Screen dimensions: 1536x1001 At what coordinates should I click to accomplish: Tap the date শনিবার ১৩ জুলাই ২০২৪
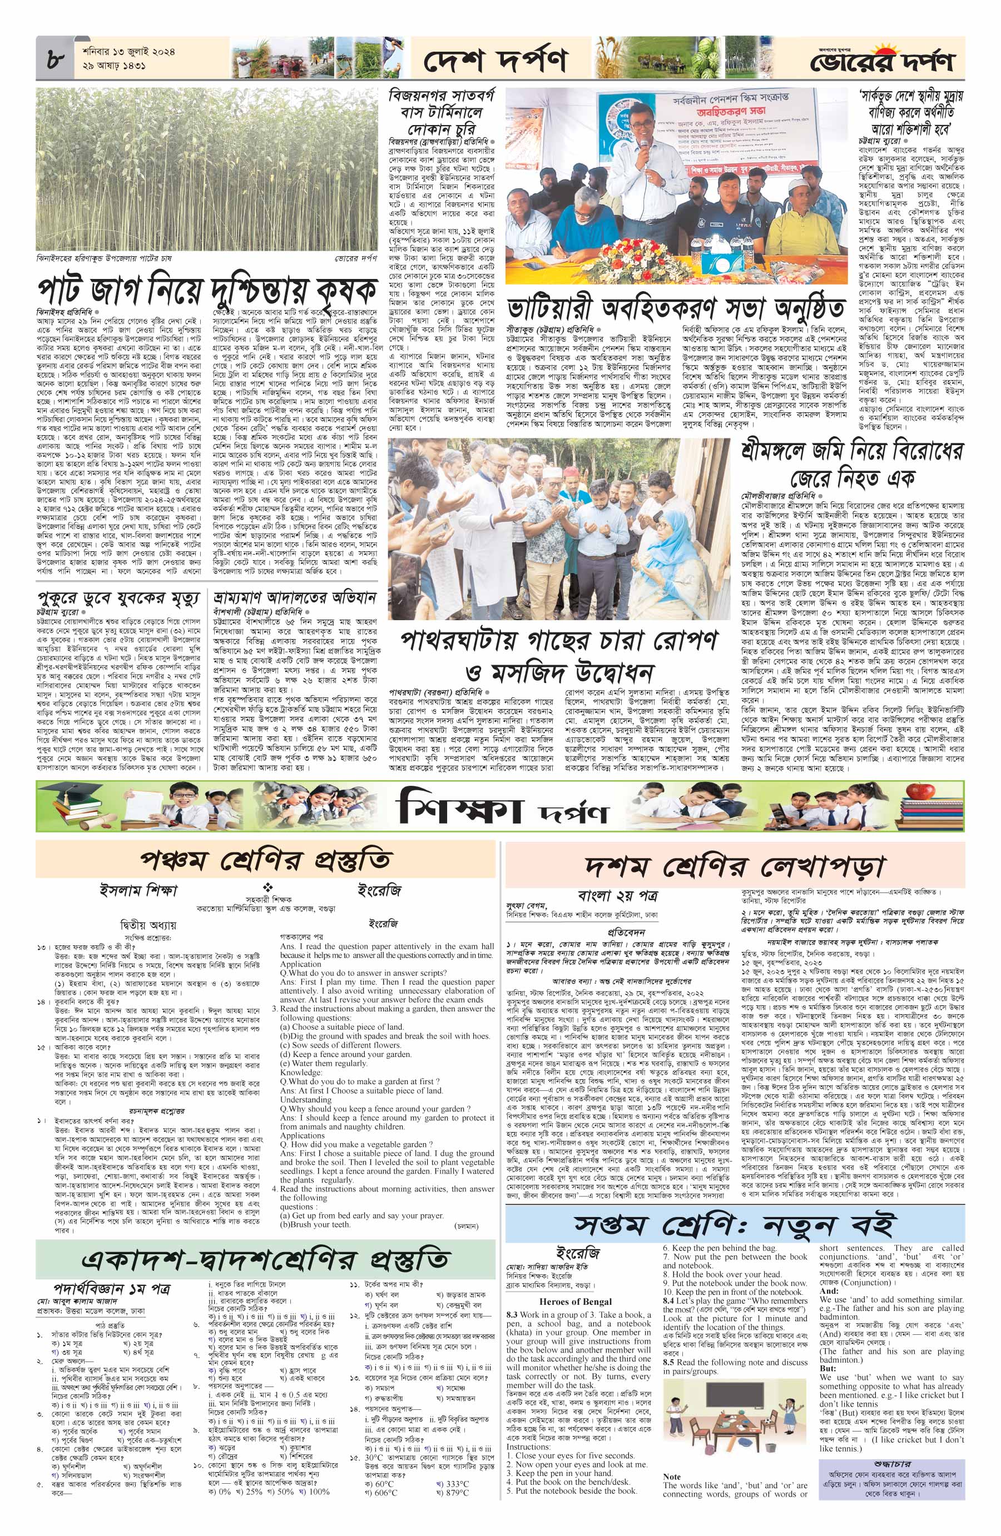[x=129, y=51]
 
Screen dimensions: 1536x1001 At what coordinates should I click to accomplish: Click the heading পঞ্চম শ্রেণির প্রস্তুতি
[x=265, y=861]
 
